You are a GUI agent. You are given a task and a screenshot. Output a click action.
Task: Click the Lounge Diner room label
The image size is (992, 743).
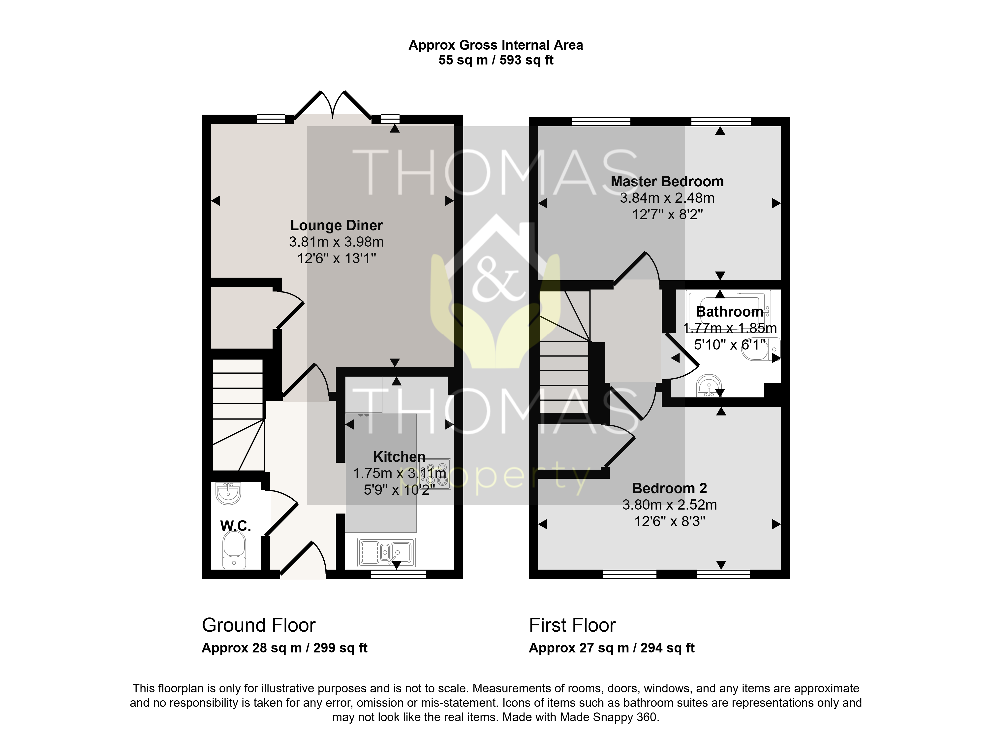336,225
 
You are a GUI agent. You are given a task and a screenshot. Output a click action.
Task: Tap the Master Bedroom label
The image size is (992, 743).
667,181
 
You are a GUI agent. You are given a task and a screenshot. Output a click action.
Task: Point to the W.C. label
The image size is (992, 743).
235,526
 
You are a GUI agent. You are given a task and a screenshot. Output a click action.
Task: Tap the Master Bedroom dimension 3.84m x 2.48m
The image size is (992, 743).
667,198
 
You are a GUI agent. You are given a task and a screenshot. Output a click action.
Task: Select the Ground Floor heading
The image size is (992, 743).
259,625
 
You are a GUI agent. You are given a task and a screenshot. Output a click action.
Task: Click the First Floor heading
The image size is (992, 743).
572,625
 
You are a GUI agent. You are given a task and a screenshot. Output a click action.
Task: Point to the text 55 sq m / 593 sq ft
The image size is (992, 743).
496,60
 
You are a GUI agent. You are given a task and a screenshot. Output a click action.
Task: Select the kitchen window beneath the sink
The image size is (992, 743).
399,574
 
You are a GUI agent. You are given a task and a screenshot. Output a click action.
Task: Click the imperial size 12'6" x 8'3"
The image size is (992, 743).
670,521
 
